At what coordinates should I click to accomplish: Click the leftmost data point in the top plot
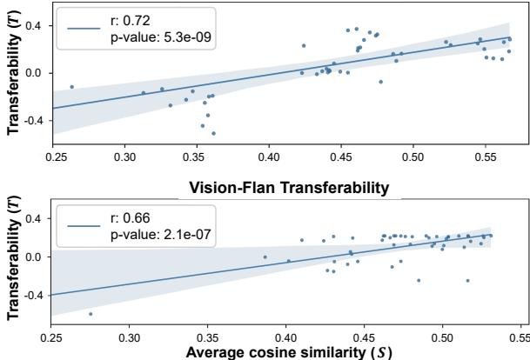point(71,87)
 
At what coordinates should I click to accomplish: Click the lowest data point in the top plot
point(213,133)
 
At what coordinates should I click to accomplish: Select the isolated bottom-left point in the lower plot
point(91,314)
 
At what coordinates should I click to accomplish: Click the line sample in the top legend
point(84,27)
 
